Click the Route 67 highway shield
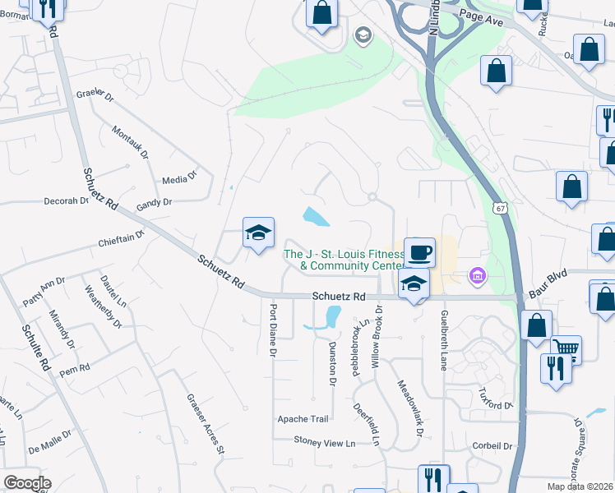pyautogui.click(x=500, y=209)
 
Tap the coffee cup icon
pyautogui.click(x=419, y=251)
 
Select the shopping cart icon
pyautogui.click(x=566, y=348)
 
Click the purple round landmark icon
pyautogui.click(x=475, y=276)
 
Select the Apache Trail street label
pyautogui.click(x=303, y=418)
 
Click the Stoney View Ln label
pyautogui.click(x=326, y=442)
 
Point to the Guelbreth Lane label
pyautogui.click(x=443, y=339)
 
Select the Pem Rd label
pyautogui.click(x=74, y=371)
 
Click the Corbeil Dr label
pyautogui.click(x=492, y=445)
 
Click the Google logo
pyautogui.click(x=27, y=483)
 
